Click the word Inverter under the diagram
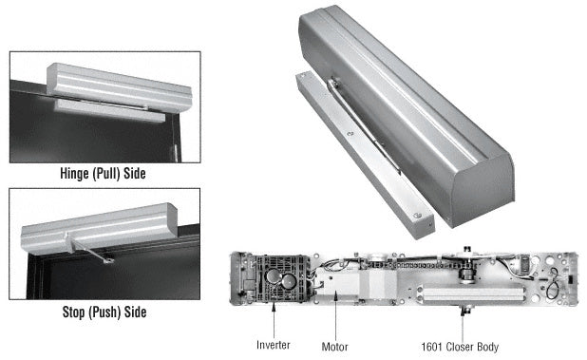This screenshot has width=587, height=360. click(273, 345)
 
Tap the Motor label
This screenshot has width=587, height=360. click(334, 347)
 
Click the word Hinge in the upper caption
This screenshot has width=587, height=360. click(75, 173)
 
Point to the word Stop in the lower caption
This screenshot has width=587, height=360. click(73, 312)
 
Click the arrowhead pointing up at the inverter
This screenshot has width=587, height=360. click(275, 306)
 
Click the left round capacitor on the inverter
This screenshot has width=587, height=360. click(273, 276)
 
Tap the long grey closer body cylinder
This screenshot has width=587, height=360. click(469, 293)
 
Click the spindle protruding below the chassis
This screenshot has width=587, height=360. click(465, 310)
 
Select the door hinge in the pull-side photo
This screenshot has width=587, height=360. click(174, 154)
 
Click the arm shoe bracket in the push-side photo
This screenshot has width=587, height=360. click(108, 259)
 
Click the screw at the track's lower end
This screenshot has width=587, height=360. click(418, 216)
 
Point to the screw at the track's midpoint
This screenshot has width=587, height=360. click(350, 133)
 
